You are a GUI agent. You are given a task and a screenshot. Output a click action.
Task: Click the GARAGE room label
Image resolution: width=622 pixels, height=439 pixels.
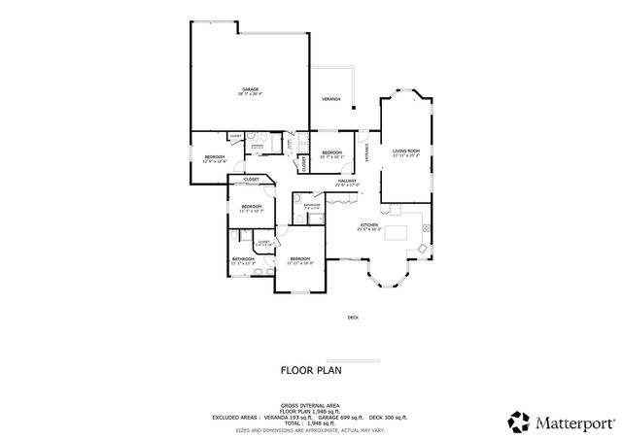[x=250, y=89]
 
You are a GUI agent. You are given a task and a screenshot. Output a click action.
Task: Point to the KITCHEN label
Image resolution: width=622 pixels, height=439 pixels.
[x=369, y=226]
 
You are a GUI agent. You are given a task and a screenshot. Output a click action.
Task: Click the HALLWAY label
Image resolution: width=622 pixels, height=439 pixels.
[x=347, y=181]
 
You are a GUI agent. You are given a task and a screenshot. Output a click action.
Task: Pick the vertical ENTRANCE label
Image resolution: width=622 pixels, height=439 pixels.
[x=367, y=152]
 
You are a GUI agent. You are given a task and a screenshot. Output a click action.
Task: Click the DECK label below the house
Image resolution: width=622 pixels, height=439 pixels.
[x=353, y=318]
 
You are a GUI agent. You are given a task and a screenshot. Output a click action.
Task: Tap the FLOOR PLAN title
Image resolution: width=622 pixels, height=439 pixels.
[x=311, y=369]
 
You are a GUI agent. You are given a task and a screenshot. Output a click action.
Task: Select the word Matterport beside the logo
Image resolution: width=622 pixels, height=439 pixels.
[x=574, y=422]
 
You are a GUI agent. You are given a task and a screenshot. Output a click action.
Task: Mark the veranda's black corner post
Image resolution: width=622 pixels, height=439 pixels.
[x=354, y=106]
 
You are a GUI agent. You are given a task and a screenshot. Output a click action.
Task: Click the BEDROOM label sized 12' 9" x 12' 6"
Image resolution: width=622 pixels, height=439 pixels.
[x=215, y=158]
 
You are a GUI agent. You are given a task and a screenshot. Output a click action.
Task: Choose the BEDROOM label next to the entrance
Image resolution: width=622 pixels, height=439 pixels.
[x=332, y=153]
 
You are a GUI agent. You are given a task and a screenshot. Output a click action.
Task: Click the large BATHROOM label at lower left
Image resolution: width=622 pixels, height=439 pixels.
[x=243, y=259]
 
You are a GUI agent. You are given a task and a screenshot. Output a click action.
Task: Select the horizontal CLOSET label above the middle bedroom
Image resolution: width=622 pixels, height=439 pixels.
[x=251, y=180]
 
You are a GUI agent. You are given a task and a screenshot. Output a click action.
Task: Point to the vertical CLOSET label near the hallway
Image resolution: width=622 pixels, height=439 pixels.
[x=304, y=164]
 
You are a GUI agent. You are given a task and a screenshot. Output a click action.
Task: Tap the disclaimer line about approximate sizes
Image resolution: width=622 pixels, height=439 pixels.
[x=310, y=428]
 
